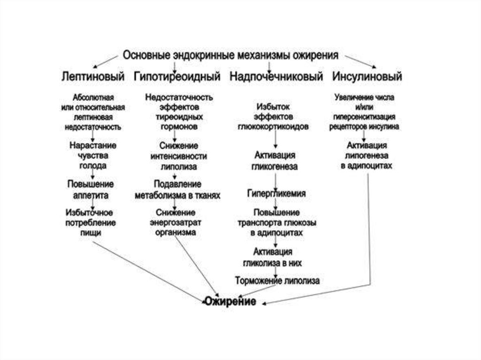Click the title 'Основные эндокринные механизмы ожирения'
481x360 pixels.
tap(230, 55)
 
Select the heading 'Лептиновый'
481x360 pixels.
tap(93, 77)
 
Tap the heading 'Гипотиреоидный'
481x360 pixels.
tap(177, 77)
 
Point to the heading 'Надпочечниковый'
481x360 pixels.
tap(276, 77)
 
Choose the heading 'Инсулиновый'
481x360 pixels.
tap(367, 77)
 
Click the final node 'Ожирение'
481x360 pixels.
tap(230, 302)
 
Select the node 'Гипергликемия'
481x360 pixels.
tap(277, 193)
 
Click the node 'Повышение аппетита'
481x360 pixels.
tap(91, 189)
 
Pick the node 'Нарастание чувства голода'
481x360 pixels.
tap(93, 155)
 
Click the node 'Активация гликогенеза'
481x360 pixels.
tap(275, 161)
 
